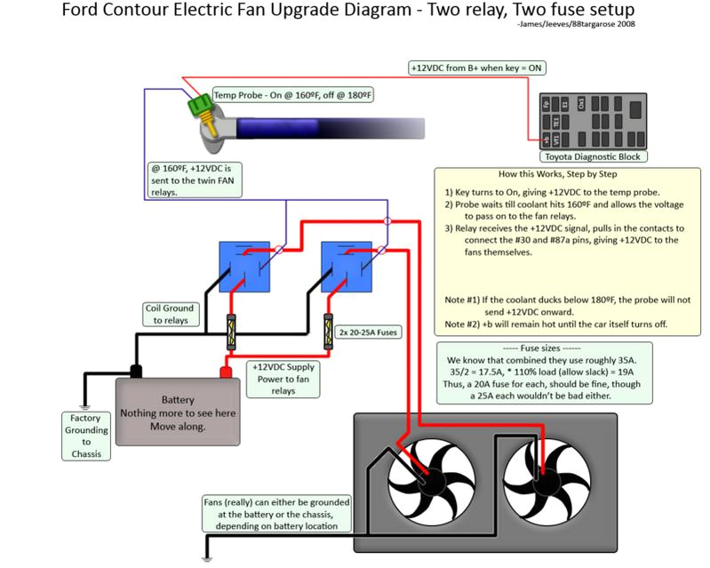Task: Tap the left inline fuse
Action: [x=232, y=332]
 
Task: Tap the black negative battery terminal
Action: [x=136, y=370]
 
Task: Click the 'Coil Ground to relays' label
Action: [x=169, y=315]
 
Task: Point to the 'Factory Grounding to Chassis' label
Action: [x=87, y=436]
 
